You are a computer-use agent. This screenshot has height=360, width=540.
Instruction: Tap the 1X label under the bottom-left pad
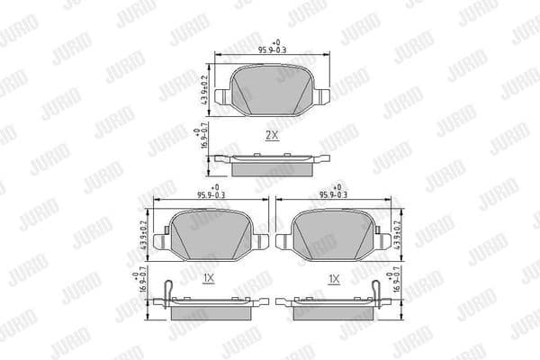coord(208,280)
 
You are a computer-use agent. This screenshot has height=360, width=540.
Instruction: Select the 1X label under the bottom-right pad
coord(335,280)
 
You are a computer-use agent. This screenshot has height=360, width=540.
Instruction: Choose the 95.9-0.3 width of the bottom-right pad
coord(334,193)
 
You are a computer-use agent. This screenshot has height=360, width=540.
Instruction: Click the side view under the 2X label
coord(271,166)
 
